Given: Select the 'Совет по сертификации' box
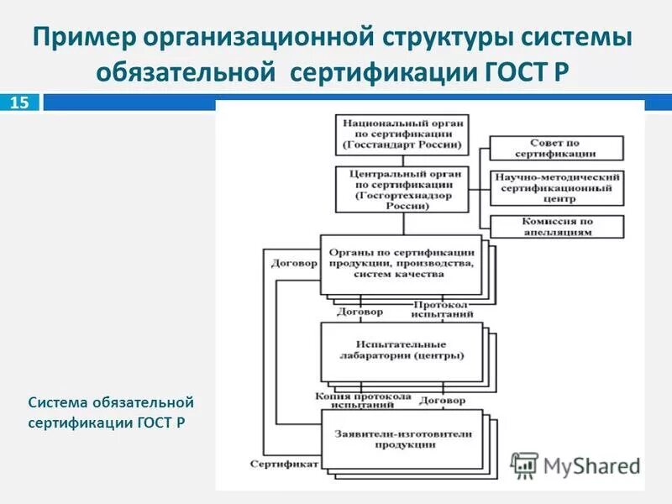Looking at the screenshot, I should [x=557, y=148].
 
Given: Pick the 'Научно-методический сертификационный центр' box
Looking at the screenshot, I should [x=557, y=188].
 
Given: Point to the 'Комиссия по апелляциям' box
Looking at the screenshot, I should [x=557, y=226].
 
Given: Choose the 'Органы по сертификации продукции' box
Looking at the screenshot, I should [x=402, y=263].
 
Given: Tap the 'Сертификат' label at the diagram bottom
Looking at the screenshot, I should [x=283, y=463].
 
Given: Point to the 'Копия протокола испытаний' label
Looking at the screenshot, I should [x=363, y=400].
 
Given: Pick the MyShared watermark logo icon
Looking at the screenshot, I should [x=525, y=465].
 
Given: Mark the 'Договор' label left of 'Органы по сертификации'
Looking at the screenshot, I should [x=293, y=262].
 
